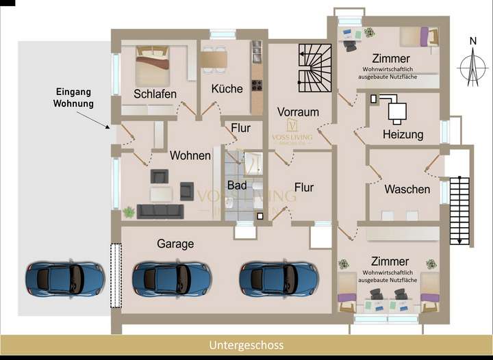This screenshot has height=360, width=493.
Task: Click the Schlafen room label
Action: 155,94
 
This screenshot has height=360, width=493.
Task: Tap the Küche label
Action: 227,89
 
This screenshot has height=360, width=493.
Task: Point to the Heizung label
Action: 403,134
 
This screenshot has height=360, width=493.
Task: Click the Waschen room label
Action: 407,189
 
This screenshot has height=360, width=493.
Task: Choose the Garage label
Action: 175,243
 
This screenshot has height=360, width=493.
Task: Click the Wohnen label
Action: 190,155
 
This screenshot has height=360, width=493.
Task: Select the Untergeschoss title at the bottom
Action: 246,345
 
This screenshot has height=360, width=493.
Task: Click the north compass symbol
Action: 472,67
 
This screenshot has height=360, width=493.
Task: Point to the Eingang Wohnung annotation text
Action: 73,97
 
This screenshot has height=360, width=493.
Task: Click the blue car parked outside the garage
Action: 64,277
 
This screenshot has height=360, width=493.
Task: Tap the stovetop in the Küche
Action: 257,87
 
